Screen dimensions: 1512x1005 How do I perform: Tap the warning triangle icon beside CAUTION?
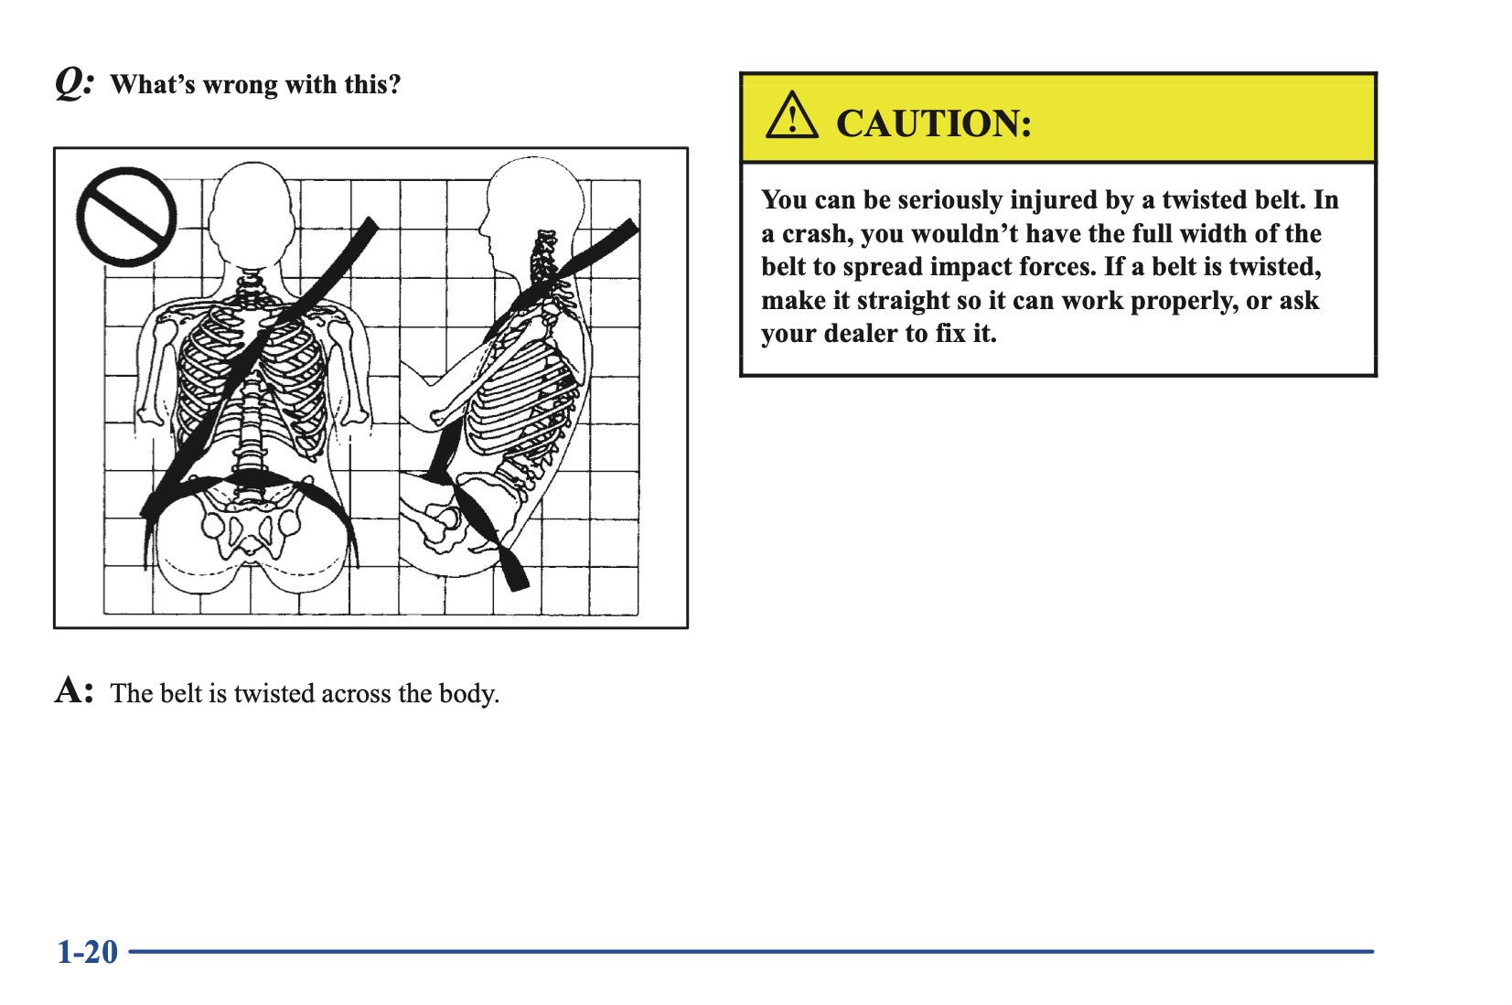pyautogui.click(x=792, y=115)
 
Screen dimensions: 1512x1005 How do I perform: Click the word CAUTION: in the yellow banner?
pyautogui.click(x=934, y=123)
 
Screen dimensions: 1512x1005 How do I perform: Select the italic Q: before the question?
pyautogui.click(x=74, y=84)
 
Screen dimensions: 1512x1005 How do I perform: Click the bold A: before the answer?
pyautogui.click(x=73, y=691)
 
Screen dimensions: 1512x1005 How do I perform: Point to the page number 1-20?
pyautogui.click(x=88, y=952)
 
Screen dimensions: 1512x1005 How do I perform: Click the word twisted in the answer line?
pyautogui.click(x=273, y=693)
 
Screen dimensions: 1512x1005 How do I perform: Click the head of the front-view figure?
pyautogui.click(x=252, y=215)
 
